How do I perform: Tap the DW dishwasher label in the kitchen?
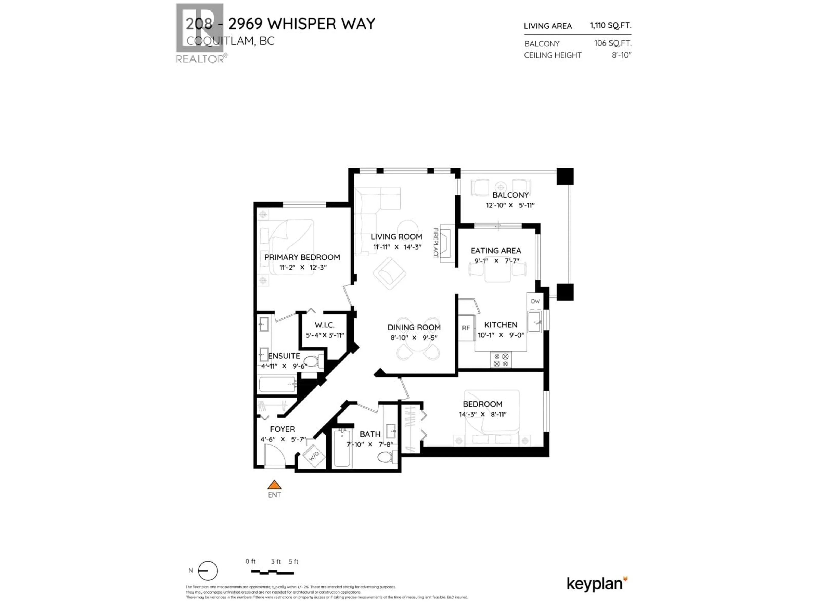[535, 301]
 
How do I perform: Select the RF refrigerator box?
[466, 328]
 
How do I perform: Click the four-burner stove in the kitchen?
[501, 360]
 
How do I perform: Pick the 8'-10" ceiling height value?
[621, 55]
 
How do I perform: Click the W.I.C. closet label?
[324, 325]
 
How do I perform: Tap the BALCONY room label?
[510, 195]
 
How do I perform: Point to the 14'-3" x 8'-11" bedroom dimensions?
[483, 414]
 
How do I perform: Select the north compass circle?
[208, 571]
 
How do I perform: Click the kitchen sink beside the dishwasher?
[535, 321]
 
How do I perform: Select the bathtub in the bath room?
[341, 448]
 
